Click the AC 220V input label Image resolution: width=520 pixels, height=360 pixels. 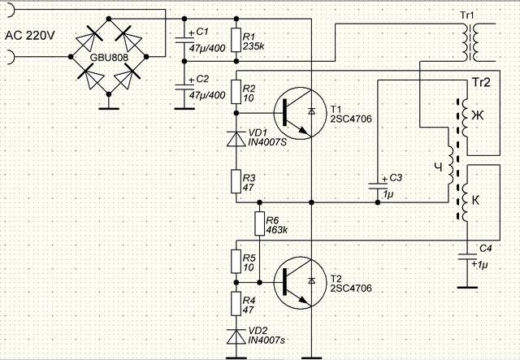pyautogui.click(x=30, y=35)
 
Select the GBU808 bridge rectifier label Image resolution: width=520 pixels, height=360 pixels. pyautogui.click(x=109, y=58)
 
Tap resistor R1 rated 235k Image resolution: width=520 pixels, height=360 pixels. pyautogui.click(x=236, y=40)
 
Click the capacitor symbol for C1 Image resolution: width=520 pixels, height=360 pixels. pyautogui.click(x=184, y=40)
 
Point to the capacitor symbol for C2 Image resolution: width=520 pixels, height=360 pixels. pyautogui.click(x=184, y=87)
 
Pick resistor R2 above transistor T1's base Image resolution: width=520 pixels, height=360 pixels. pyautogui.click(x=236, y=92)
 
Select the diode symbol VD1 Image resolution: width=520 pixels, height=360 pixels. pyautogui.click(x=236, y=139)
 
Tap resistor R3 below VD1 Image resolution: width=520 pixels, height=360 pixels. pyautogui.click(x=236, y=181)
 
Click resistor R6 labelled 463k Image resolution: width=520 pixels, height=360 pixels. pyautogui.click(x=260, y=223)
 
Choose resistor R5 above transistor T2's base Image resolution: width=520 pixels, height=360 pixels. pyautogui.click(x=236, y=262)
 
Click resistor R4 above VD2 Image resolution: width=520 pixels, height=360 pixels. pyautogui.click(x=236, y=304)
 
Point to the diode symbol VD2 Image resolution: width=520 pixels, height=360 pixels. pyautogui.click(x=236, y=336)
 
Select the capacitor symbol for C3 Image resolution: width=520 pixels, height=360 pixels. pyautogui.click(x=378, y=185)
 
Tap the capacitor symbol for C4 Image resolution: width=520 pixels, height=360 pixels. pyautogui.click(x=467, y=258)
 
